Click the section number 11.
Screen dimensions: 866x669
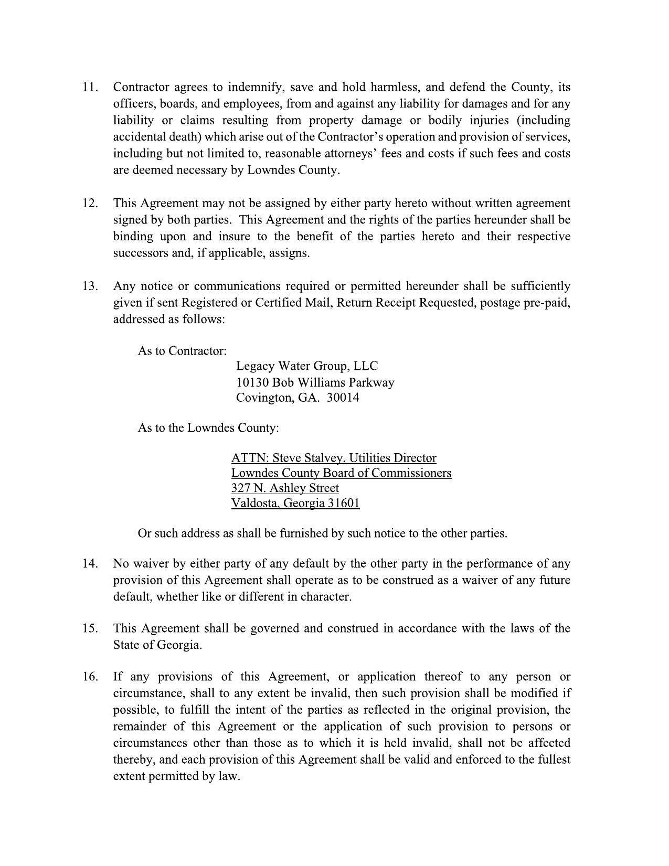[90, 87]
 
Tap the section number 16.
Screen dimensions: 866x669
[90, 677]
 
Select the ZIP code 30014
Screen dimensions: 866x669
[343, 398]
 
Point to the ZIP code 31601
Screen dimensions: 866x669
[344, 504]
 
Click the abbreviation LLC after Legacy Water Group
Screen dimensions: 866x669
[366, 366]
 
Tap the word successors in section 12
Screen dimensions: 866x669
[139, 253]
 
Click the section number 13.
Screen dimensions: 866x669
[90, 286]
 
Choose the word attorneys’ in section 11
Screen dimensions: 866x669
[349, 154]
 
